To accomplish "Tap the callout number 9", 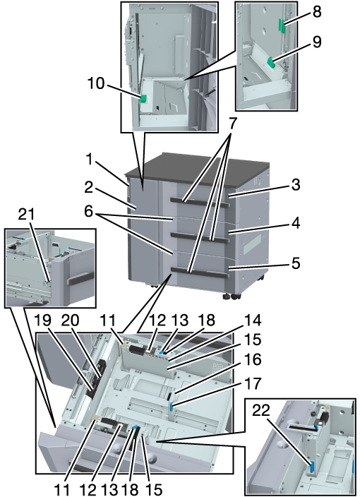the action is tap(316, 42).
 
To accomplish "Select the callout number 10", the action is tap(96, 83).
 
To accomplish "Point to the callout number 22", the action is tap(261, 410).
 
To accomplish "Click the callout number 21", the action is tap(26, 215).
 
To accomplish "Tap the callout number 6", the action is tap(88, 211).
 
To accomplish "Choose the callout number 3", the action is tap(296, 184).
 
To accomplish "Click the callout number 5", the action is tap(296, 263).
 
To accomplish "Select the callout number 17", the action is tap(252, 384).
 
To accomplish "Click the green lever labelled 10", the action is tap(143, 99).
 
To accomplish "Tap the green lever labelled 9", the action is tap(271, 62).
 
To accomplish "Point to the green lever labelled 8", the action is tap(282, 25).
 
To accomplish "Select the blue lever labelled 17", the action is tap(172, 406).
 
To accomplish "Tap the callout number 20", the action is tap(69, 321).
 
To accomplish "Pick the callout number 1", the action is tap(90, 160).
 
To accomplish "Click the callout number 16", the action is tap(252, 360).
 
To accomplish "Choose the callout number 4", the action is tap(296, 224).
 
